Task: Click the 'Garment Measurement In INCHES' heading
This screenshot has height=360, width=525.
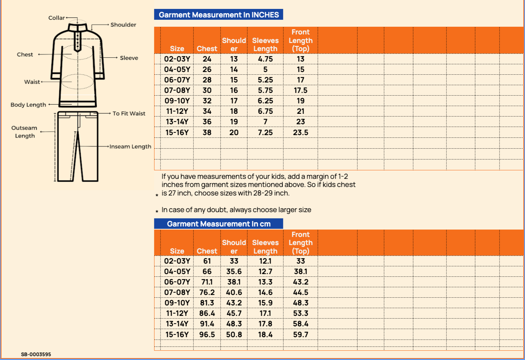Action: pos(219,15)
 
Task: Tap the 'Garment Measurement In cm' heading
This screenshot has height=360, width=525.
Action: pos(219,224)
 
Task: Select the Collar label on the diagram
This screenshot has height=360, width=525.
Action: pos(57,18)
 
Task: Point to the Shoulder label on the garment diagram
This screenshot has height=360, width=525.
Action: pos(123,25)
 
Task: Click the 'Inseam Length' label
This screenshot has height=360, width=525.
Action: pos(130,147)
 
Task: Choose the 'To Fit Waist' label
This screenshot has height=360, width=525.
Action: pos(129,113)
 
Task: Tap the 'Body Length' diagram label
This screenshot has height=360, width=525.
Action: pos(28,105)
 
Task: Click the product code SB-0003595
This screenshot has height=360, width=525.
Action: pos(36,354)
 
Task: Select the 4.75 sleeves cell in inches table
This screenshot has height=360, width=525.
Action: pos(265,59)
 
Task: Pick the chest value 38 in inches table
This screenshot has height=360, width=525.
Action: pos(207,132)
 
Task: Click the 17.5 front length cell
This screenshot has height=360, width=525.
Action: pos(301,90)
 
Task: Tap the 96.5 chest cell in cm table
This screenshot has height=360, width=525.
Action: pos(207,334)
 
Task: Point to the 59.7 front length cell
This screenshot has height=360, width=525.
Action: pos(301,334)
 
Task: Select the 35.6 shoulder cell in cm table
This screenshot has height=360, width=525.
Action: pos(234,272)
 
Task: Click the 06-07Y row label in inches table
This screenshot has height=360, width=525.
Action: pos(177,80)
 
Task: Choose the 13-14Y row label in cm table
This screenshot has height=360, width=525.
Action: pos(177,324)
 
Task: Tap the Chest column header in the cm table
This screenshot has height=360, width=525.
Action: pos(207,251)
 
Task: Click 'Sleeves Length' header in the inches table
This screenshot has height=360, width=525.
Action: pos(265,45)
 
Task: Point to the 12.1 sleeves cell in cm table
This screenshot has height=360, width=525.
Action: pos(265,261)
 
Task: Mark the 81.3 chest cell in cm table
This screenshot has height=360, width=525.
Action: pos(207,303)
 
